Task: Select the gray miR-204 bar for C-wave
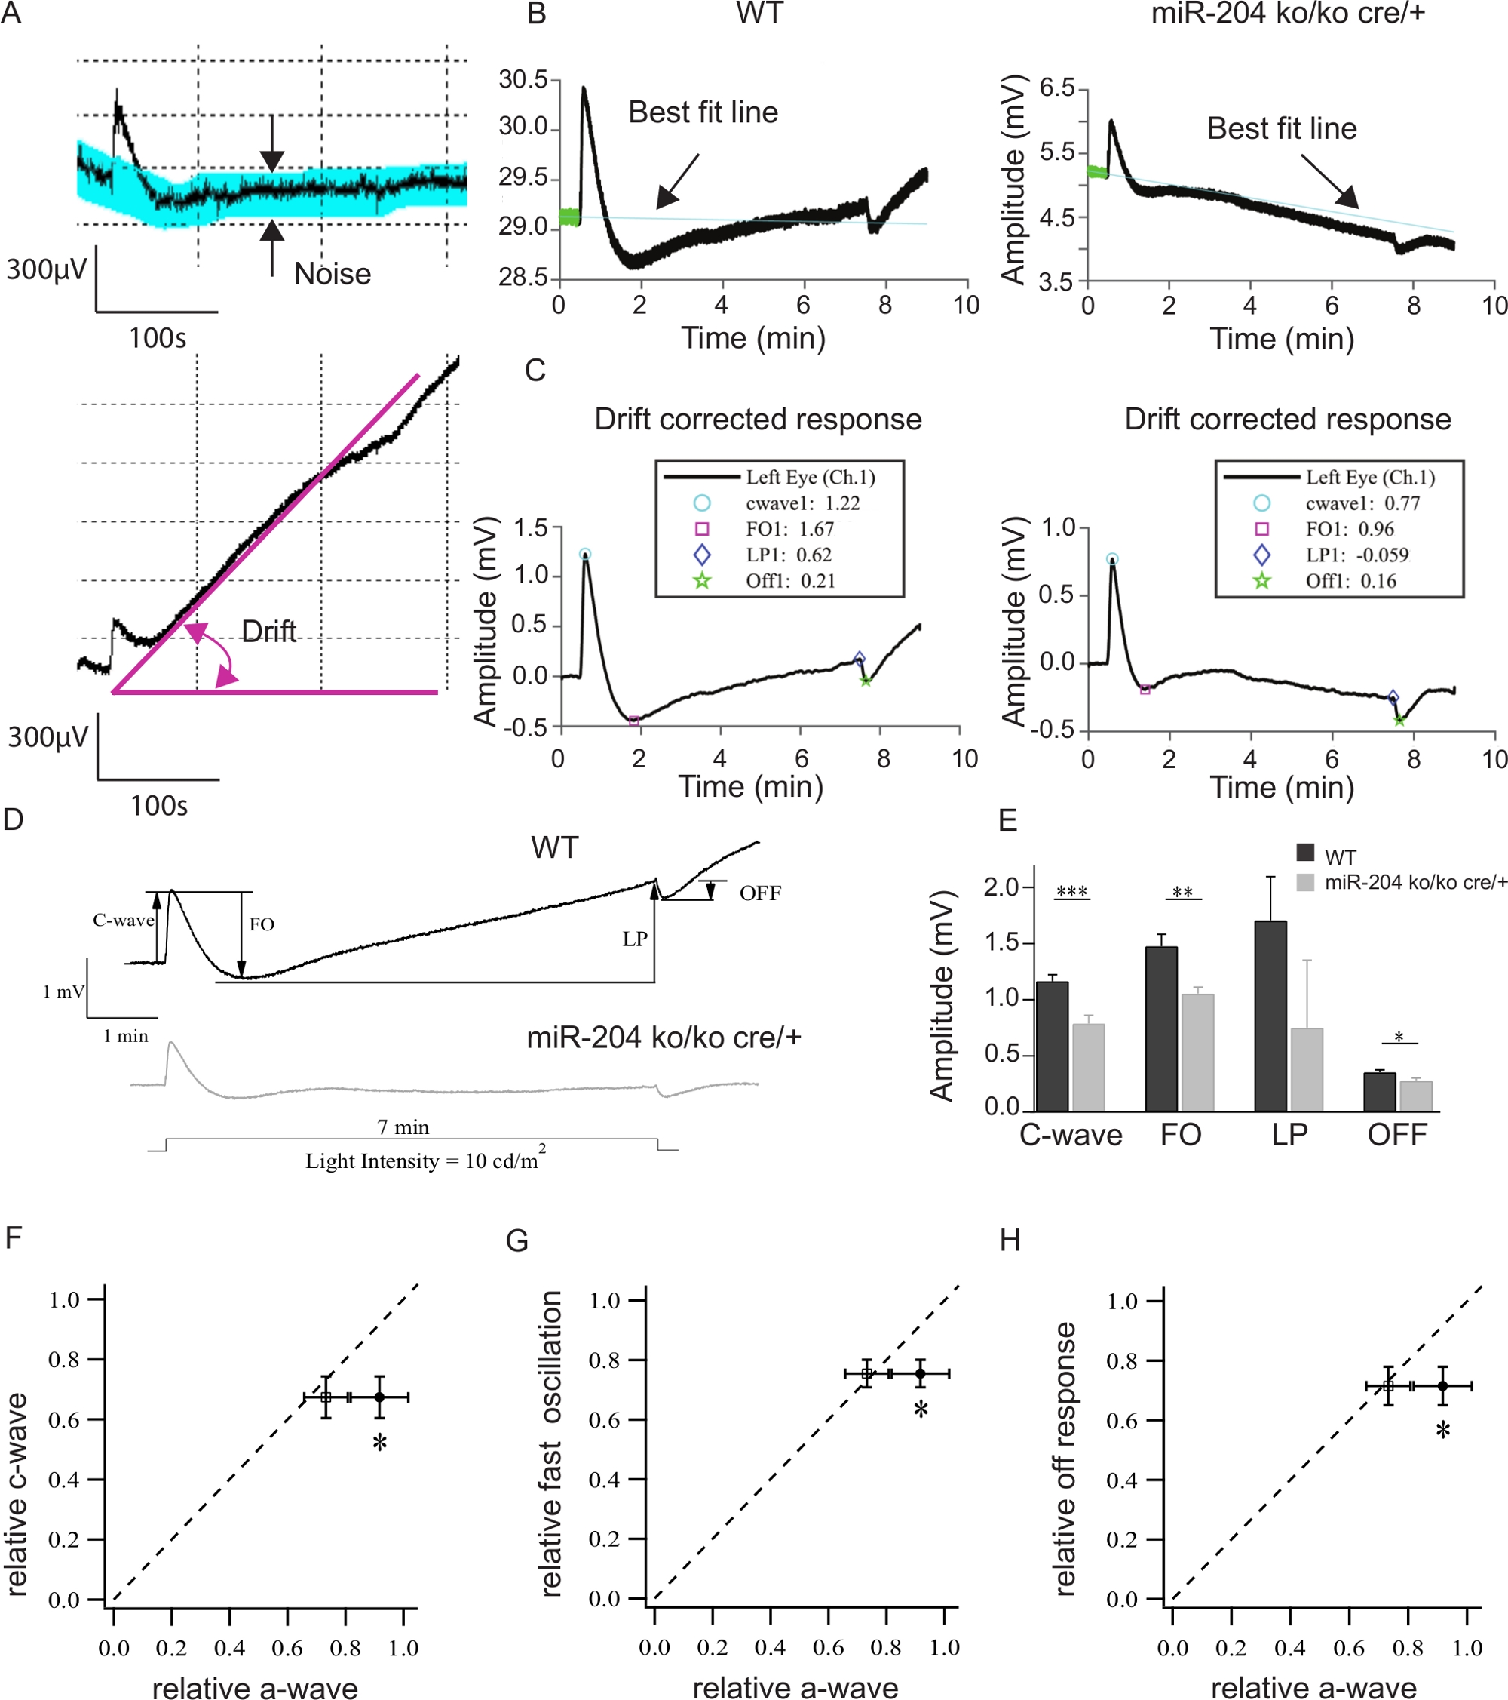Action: coord(1088,1068)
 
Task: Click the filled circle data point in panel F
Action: coord(379,1397)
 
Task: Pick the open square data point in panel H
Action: coord(1387,1386)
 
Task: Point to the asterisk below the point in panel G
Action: coord(921,1410)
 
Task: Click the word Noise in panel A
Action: coord(332,274)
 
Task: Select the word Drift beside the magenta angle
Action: coord(268,632)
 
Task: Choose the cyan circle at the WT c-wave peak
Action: coord(585,554)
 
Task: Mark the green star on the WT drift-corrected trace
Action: coord(866,681)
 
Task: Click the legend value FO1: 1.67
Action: coord(789,529)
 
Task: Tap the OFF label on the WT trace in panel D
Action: coord(760,893)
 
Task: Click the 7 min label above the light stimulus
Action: coord(403,1127)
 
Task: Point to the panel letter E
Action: coord(1007,821)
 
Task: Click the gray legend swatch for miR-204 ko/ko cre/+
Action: coord(1305,882)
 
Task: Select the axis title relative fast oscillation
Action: coord(551,1443)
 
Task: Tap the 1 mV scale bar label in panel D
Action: coord(63,991)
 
